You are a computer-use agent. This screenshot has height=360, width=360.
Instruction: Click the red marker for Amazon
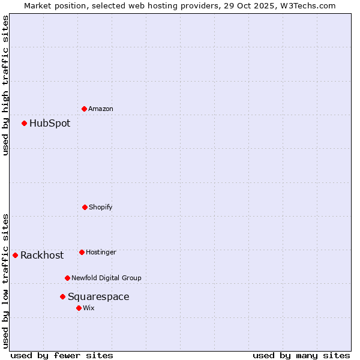(x=85, y=109)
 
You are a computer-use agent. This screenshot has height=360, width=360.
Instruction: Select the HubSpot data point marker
(x=25, y=123)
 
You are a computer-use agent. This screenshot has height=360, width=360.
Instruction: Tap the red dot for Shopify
(x=85, y=207)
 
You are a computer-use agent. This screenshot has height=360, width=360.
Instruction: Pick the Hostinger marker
(x=82, y=252)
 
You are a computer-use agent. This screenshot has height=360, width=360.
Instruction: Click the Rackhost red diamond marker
(x=16, y=255)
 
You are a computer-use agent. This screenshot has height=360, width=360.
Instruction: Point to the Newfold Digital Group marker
(x=67, y=278)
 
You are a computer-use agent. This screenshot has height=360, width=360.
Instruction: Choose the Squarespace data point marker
(x=62, y=296)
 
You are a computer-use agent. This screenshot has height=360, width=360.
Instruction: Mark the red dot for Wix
(x=79, y=308)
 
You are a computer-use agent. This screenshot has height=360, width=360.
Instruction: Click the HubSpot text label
(x=50, y=124)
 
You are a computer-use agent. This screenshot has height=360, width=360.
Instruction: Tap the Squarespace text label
(x=98, y=297)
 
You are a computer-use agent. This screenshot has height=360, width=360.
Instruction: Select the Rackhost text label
(x=42, y=256)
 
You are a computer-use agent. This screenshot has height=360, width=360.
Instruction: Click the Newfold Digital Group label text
(x=106, y=278)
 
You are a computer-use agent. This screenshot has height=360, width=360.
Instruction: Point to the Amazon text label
(x=101, y=109)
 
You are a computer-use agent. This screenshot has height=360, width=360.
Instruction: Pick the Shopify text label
(x=101, y=208)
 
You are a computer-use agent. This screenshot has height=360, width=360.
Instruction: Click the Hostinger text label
(x=101, y=253)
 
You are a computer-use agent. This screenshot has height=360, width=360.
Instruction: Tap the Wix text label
(x=89, y=308)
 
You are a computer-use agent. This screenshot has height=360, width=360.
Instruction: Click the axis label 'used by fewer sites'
(x=62, y=355)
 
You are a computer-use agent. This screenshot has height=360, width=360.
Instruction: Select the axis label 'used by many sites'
(x=301, y=355)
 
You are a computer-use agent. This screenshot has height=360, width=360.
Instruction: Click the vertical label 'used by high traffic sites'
(x=5, y=85)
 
